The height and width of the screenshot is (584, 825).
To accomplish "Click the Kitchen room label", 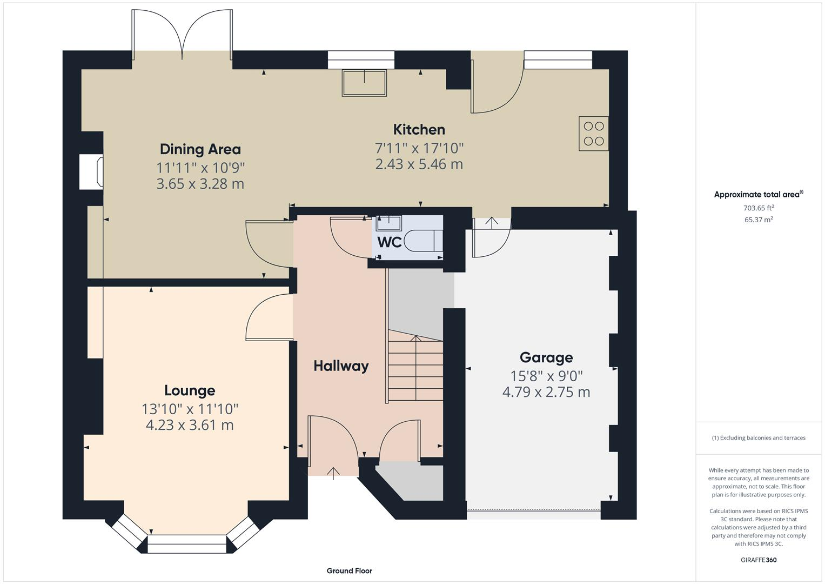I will (x=419, y=130).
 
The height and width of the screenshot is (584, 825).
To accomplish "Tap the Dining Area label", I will (x=200, y=149).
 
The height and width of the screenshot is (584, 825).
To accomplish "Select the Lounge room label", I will (x=190, y=390).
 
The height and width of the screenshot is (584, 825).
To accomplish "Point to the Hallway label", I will (x=341, y=366).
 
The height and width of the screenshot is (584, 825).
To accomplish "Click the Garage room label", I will (x=546, y=357).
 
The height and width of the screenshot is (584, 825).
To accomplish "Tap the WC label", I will (x=389, y=242).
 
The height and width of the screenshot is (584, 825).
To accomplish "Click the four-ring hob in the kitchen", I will (x=593, y=134).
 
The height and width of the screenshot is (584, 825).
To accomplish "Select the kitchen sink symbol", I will (x=364, y=83).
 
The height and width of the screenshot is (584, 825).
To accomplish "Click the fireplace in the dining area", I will (x=91, y=172).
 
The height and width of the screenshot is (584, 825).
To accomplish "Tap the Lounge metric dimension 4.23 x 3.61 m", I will (x=190, y=425).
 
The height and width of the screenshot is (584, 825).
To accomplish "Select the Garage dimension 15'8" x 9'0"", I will (x=546, y=376).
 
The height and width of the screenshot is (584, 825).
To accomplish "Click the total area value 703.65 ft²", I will (x=759, y=208).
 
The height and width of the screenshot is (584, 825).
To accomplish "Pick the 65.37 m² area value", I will (x=759, y=220).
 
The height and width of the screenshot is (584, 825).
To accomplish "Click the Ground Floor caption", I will (x=349, y=570).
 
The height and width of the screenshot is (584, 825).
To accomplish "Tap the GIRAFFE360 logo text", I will (x=759, y=560).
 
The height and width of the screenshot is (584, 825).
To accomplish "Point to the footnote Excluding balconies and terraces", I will (x=759, y=437).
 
